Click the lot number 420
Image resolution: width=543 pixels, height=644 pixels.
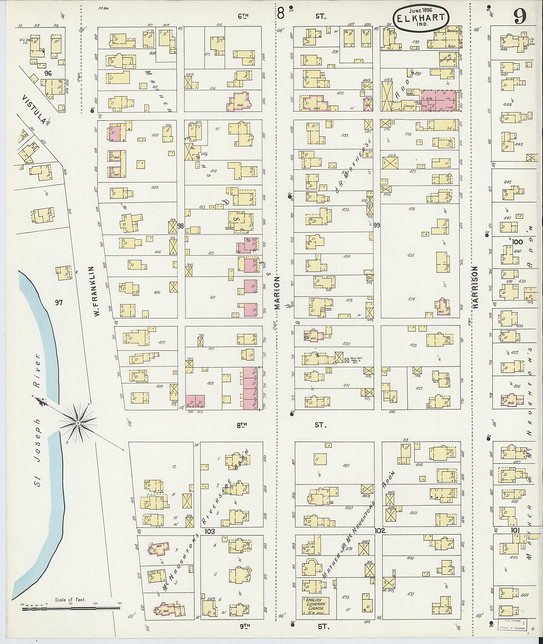click(x=347, y=344)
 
